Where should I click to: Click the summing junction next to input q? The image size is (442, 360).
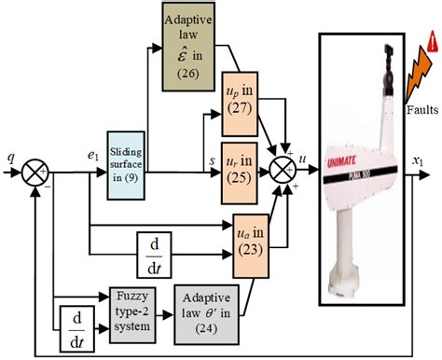(x=35, y=173)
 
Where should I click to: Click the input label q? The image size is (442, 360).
(x=12, y=158)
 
